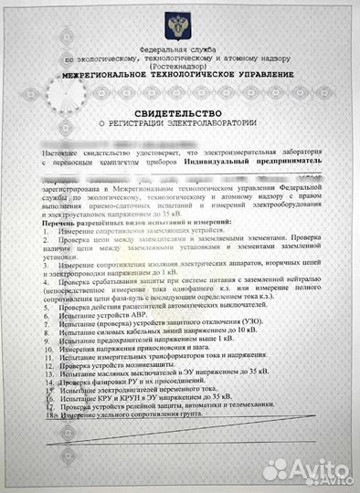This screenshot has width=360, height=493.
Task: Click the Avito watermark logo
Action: click(x=306, y=469)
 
